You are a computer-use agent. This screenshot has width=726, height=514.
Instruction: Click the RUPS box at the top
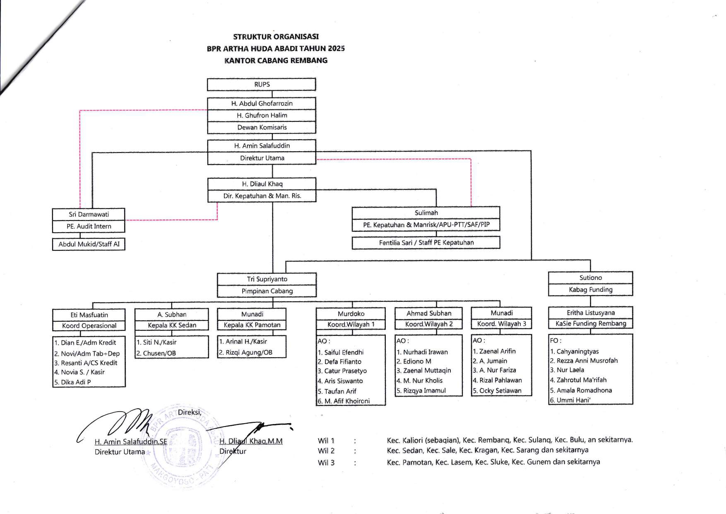click(262, 85)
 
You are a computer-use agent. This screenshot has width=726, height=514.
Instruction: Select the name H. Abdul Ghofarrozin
click(262, 104)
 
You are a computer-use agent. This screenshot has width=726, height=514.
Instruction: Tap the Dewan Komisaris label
click(262, 127)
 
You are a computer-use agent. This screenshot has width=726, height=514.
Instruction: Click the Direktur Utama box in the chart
click(262, 158)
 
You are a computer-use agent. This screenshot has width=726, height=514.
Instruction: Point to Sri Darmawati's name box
click(89, 214)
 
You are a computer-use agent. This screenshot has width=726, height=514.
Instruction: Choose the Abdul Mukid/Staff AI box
click(89, 244)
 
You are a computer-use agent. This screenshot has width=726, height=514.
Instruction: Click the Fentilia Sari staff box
click(426, 242)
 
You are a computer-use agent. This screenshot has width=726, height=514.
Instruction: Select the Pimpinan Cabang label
click(267, 291)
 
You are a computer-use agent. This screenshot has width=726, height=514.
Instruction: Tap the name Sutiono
click(590, 278)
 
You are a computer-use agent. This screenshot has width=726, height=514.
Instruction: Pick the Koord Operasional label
click(89, 326)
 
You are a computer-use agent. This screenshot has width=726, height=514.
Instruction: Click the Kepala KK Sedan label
click(172, 325)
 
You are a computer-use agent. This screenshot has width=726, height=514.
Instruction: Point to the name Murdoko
click(351, 314)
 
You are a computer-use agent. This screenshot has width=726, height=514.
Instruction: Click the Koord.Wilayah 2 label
click(428, 324)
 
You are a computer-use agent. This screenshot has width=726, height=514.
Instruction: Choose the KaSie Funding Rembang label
click(591, 323)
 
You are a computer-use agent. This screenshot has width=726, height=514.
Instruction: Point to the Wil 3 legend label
click(326, 463)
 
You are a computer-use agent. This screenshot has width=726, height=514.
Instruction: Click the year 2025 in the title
click(336, 48)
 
